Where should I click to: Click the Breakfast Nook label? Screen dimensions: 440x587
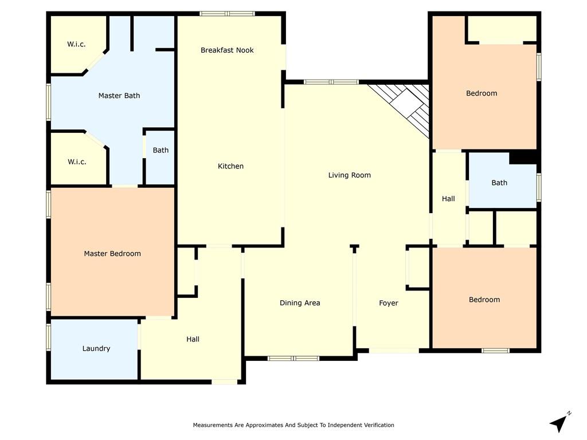click(x=227, y=50)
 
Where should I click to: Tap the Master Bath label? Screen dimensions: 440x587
click(x=119, y=96)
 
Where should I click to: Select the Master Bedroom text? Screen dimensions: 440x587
click(x=112, y=254)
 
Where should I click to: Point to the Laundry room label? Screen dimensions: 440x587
click(x=96, y=349)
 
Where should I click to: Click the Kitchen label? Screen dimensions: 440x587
click(x=230, y=166)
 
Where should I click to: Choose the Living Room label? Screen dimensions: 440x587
click(x=349, y=175)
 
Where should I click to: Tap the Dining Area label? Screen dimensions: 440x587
click(x=299, y=303)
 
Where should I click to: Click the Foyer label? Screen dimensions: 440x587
click(x=389, y=303)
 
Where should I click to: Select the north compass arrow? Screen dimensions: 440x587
click(x=559, y=423)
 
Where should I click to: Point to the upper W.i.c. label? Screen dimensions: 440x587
click(x=76, y=45)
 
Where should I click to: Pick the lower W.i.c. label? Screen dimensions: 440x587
click(x=77, y=162)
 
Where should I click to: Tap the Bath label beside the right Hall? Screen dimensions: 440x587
click(x=499, y=183)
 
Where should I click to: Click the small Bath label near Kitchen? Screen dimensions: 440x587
click(x=161, y=151)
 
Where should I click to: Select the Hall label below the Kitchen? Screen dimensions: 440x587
click(x=193, y=340)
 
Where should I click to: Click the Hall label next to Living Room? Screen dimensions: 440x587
click(x=448, y=199)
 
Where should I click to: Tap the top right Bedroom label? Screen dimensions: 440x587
click(x=482, y=93)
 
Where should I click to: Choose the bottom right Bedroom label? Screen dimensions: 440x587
click(x=484, y=300)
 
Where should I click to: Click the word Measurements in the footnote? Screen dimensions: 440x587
click(x=212, y=425)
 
